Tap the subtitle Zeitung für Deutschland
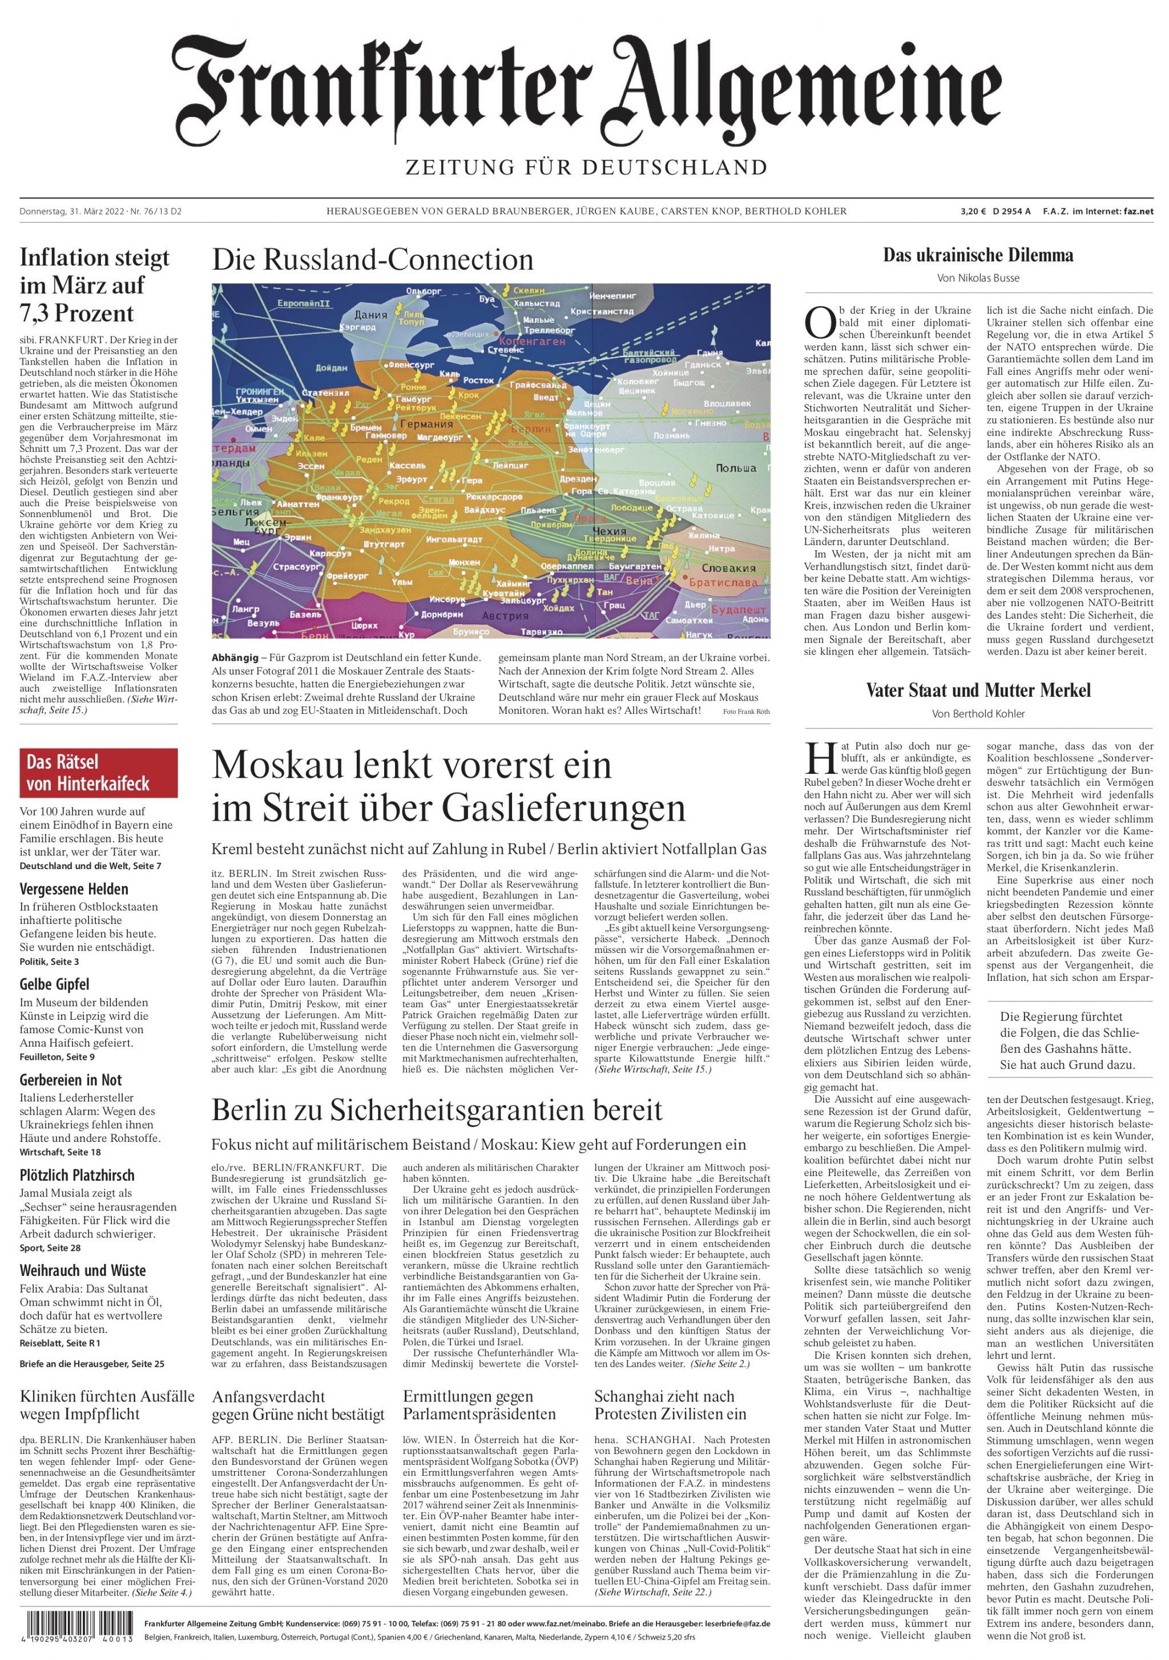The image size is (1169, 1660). pos(584,168)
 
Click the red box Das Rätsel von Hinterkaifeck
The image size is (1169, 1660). pos(98,772)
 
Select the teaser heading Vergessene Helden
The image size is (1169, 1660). pos(74,889)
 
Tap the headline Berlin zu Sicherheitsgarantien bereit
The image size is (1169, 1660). pos(437,1110)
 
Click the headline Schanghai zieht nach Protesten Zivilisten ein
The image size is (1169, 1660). pos(664,1405)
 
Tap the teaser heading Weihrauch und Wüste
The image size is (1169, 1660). pos(82,1270)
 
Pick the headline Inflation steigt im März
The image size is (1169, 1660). pos(95,285)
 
